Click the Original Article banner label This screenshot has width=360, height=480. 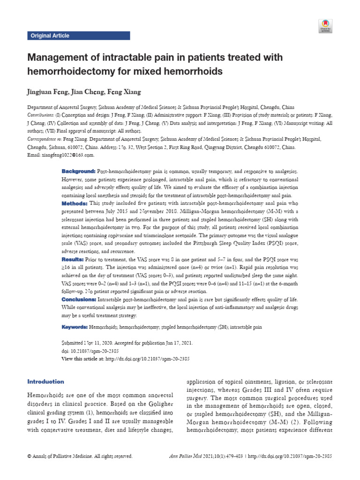coord(50,36)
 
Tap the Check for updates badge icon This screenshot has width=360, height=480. coord(325,26)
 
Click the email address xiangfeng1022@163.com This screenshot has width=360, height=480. coord(68,155)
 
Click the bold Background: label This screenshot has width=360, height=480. coord(78,172)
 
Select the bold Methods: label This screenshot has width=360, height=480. coord(75,203)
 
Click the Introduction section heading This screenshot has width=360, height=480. coord(46,382)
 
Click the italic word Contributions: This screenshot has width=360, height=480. coord(41,115)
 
